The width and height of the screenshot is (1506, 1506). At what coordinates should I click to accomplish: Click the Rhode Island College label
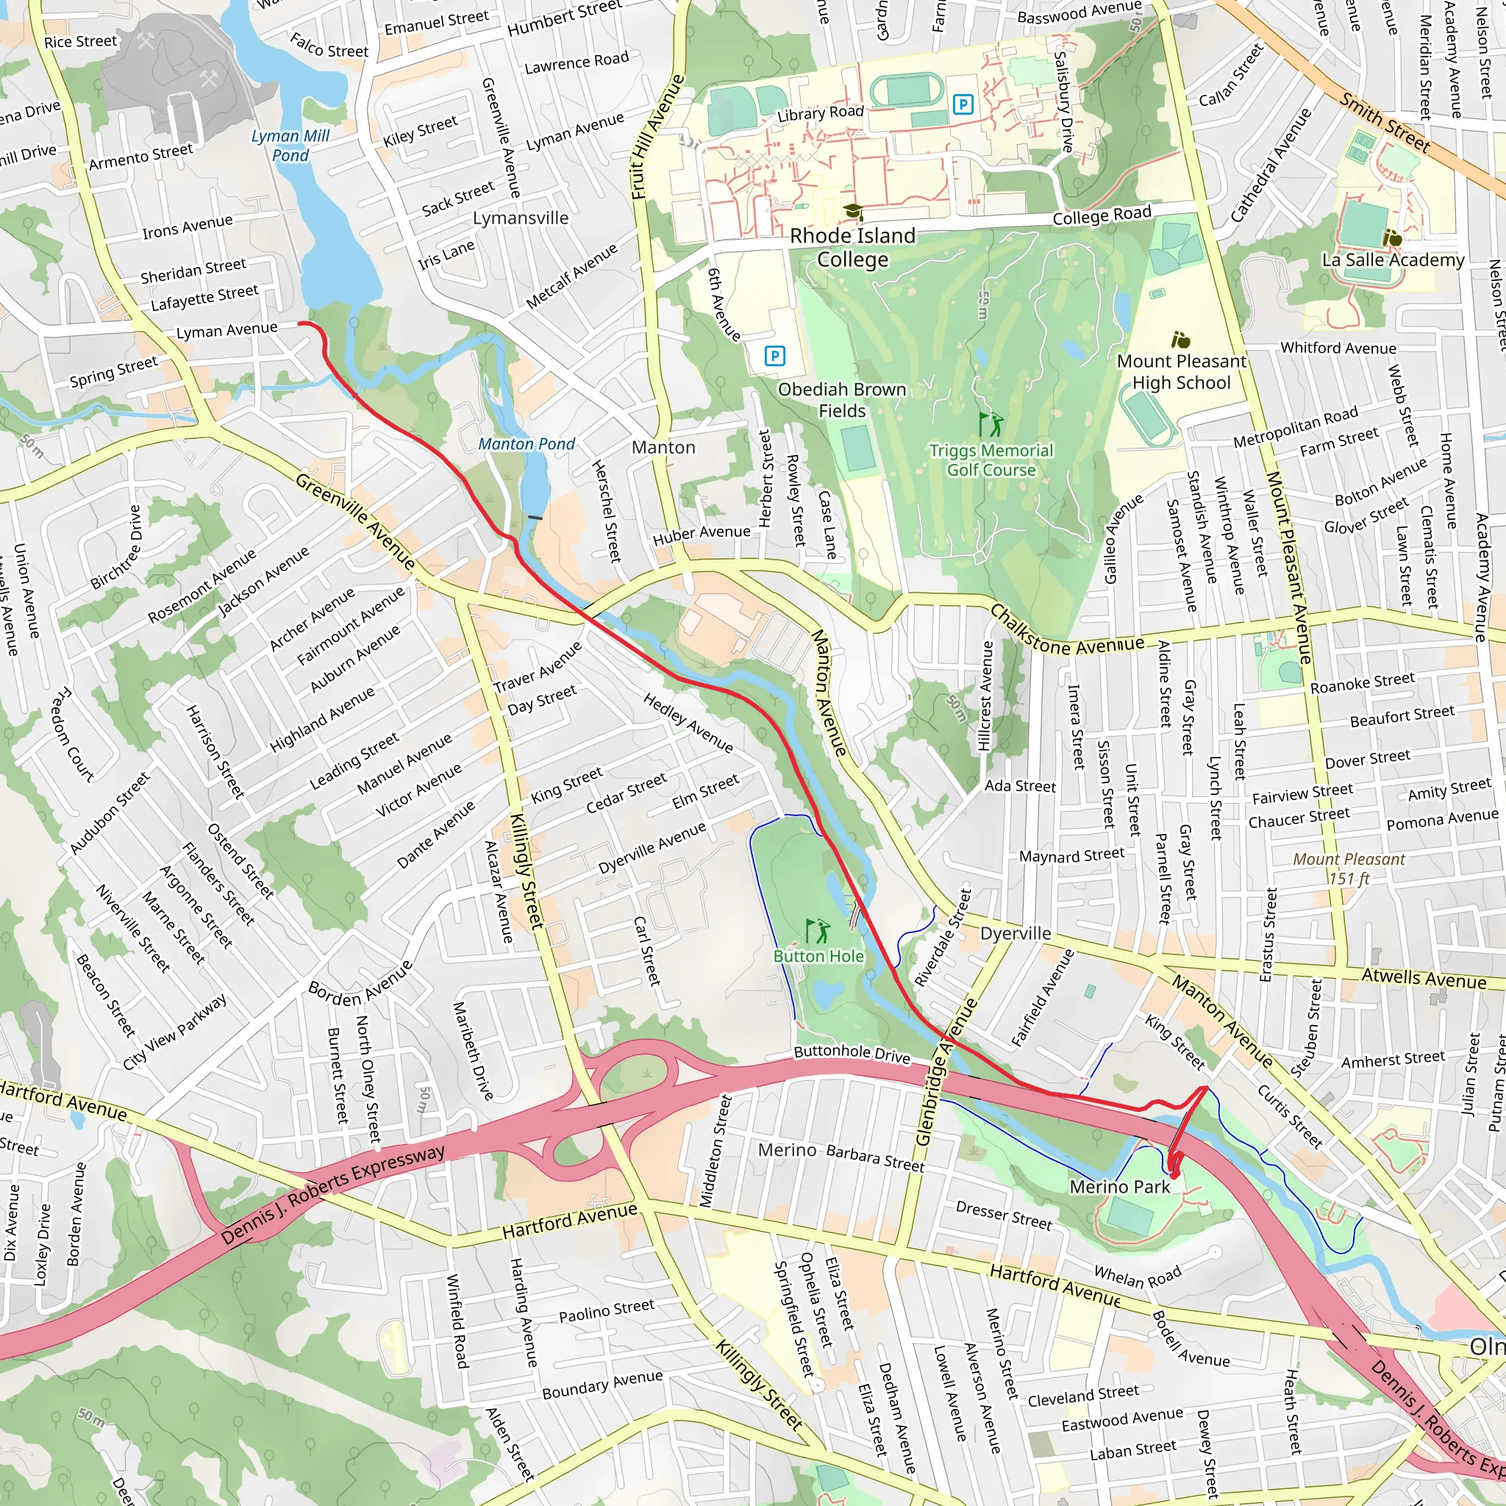coord(852,247)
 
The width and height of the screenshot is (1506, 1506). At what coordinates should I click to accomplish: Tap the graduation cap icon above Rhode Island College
coord(853,211)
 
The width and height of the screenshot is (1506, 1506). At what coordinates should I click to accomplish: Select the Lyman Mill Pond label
coord(290,146)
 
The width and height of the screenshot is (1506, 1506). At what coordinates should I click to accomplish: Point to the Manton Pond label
coord(527,444)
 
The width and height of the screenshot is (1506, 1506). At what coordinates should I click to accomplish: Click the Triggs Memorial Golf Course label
coord(991,460)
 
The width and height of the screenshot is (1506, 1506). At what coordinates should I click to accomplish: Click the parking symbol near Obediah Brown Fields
coord(774,356)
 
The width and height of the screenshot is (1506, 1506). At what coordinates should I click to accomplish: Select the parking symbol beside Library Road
coord(963,104)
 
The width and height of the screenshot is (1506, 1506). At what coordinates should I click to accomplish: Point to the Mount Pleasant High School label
coord(1181,372)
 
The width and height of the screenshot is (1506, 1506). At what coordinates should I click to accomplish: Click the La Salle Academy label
coord(1392,260)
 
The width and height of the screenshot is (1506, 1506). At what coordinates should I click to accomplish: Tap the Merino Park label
coord(1119,1186)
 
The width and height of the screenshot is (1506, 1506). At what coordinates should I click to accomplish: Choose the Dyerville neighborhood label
coord(1015,934)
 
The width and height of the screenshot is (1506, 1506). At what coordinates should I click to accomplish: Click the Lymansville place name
coord(521,218)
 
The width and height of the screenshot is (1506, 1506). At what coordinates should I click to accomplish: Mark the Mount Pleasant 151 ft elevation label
coord(1349,868)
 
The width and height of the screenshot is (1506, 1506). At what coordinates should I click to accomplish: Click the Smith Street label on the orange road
coord(1385,122)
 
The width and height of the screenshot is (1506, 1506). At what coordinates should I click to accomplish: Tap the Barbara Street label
coord(874,1158)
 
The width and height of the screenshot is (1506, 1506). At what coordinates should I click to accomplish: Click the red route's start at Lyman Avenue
coord(300,323)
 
